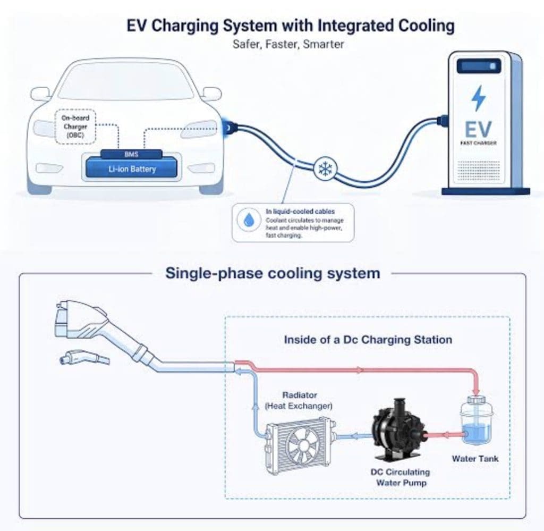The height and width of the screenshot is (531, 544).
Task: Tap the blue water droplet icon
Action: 248,220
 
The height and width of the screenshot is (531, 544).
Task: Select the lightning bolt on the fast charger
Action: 479,98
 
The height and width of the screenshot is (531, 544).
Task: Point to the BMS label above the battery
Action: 131,154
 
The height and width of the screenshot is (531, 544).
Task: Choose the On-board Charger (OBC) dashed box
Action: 75,127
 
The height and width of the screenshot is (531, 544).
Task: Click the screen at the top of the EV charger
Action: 479,66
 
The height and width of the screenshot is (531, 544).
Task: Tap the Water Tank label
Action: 475,459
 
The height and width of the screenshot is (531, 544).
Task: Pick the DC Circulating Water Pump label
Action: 401,477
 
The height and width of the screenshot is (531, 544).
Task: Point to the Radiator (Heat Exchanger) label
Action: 299,400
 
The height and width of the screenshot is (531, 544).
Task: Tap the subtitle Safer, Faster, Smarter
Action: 288,45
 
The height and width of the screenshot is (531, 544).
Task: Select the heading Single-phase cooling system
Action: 273,273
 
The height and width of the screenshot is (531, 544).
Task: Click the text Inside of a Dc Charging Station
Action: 368,340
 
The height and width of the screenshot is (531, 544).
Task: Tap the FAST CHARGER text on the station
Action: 479,143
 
